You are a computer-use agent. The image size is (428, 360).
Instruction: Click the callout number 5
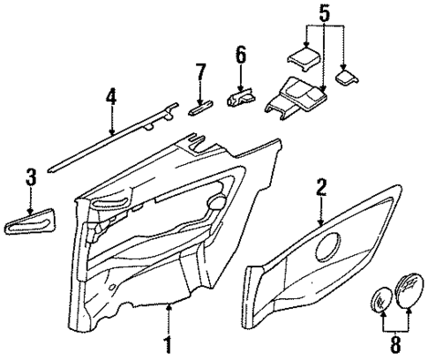(323, 14)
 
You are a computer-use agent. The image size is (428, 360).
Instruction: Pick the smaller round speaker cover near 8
(381, 300)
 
